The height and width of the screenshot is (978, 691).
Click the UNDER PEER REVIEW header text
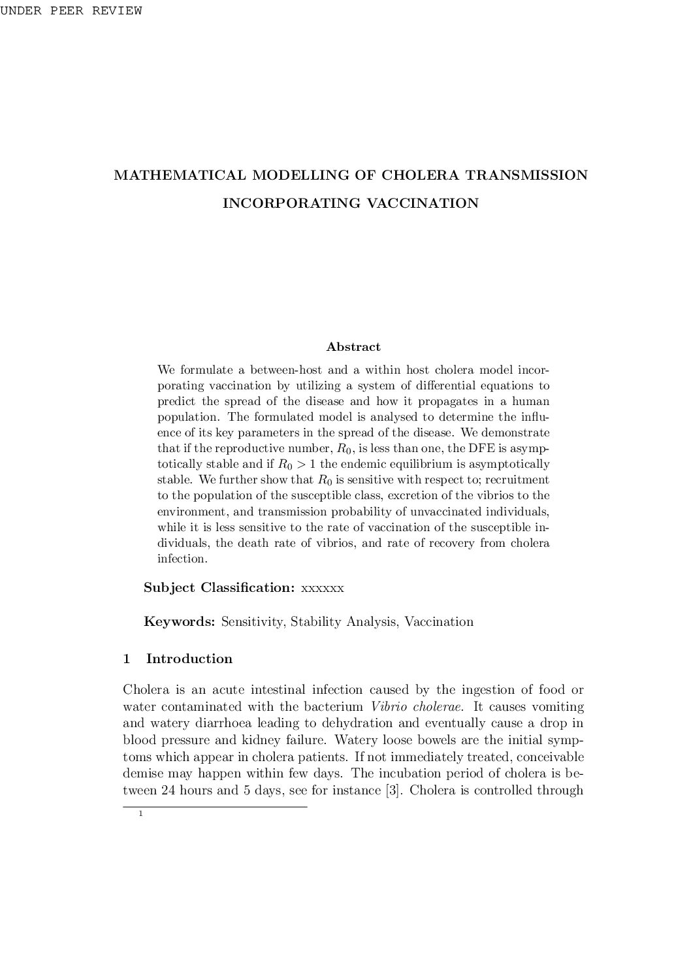click(x=71, y=11)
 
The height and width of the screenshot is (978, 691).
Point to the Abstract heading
click(x=353, y=347)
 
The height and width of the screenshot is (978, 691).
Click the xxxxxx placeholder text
click(x=323, y=588)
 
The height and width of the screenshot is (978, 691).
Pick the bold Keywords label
click(x=179, y=621)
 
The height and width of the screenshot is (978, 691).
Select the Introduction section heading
click(x=189, y=659)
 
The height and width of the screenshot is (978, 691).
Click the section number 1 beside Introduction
click(x=127, y=659)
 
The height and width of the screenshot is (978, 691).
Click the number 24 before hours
click(x=169, y=791)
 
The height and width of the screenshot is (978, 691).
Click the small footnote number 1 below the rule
click(x=140, y=814)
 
